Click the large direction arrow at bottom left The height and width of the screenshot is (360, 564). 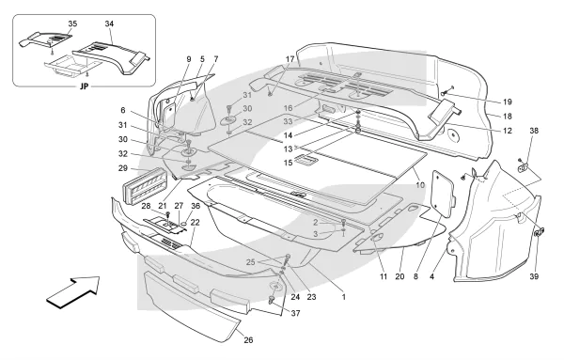point(74,292)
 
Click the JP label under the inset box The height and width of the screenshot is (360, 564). point(85,86)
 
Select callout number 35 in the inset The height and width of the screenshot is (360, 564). point(72,23)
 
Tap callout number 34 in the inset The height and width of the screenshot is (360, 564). point(109,23)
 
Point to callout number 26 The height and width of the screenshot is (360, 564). point(248,340)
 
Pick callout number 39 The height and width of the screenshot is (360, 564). point(534,276)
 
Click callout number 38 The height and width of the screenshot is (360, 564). point(534,131)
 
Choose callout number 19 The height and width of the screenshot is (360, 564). point(508,102)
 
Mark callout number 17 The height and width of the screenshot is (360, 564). point(290,59)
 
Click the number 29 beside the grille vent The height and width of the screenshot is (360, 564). point(123,168)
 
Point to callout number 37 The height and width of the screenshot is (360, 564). point(295,314)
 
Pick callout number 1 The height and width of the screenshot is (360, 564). point(344,297)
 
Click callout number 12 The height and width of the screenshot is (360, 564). point(508,131)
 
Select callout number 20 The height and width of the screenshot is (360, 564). point(399,276)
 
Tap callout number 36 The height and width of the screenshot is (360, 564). point(196,206)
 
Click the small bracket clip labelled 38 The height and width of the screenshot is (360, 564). point(524,167)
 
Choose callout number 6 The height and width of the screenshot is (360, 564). point(123,111)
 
